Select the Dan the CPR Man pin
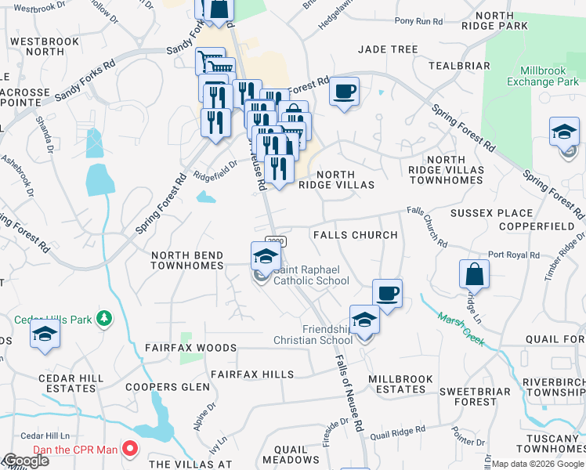pos(131,450)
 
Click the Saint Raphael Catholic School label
pos(311,275)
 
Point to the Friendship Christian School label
pos(313,334)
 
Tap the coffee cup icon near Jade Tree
pos(344,92)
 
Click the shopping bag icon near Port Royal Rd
pos(474,275)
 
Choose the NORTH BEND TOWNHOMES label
pos(187,261)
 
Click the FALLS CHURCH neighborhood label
pos(355,235)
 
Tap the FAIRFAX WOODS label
pos(190,347)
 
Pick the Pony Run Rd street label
pos(419,22)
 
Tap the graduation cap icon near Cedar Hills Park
pos(45,334)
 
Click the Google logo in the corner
pos(26,461)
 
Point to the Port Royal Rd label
pos(513,255)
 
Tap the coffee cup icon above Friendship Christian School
pos(387,294)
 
